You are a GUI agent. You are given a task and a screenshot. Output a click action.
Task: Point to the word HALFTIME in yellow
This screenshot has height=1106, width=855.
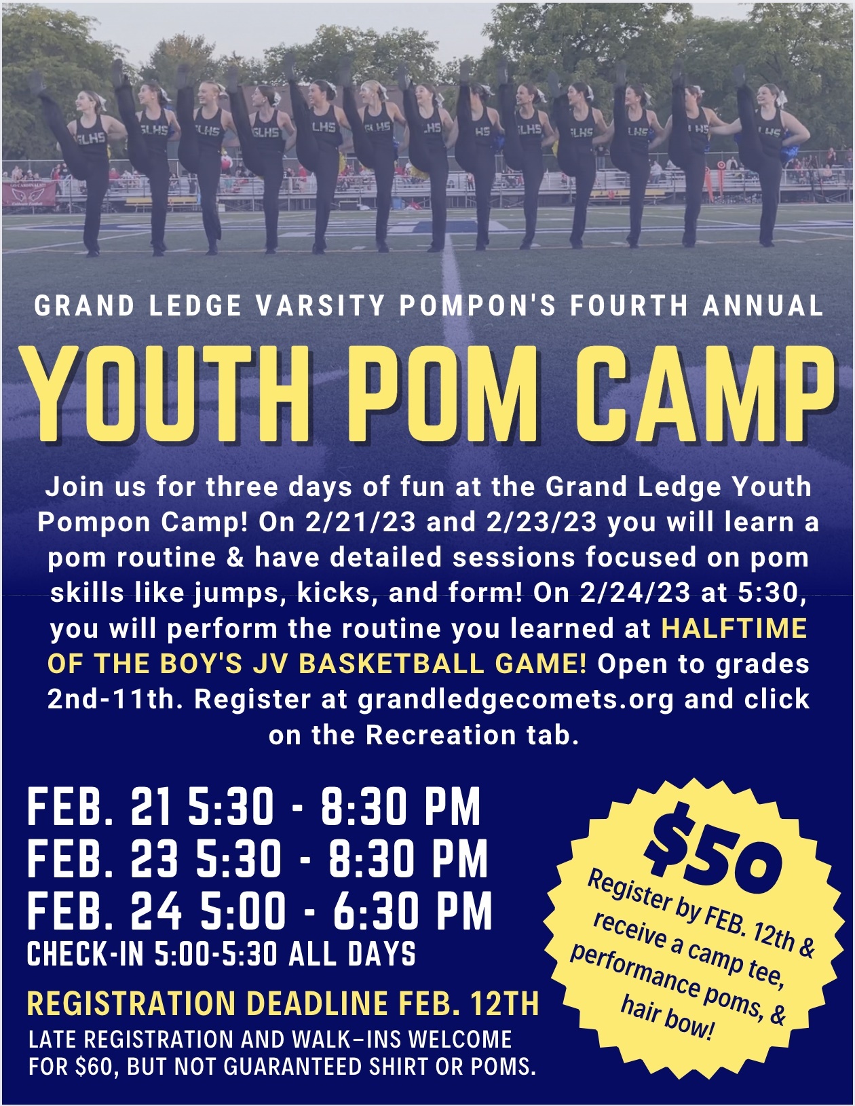coord(734,628)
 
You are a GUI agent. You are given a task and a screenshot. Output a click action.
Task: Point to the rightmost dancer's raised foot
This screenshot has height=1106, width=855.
coord(739,72)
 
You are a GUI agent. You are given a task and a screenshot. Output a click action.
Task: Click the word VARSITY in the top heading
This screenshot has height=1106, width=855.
coord(320,305)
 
